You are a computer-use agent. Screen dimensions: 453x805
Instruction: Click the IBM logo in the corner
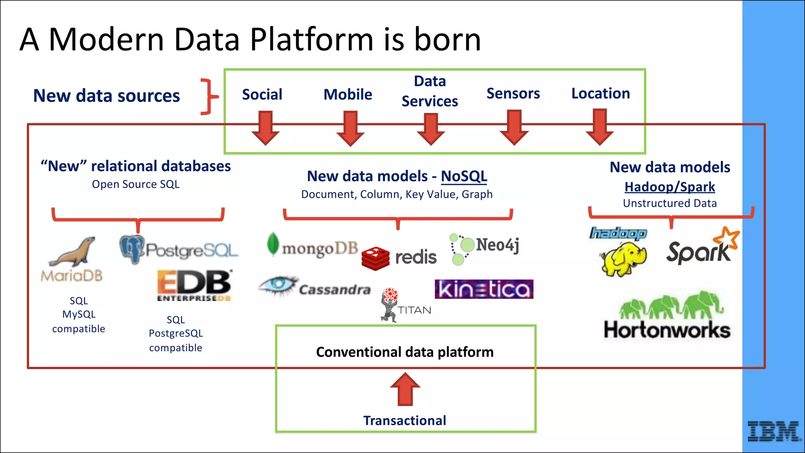774,431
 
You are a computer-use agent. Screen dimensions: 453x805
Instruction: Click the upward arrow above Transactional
405,389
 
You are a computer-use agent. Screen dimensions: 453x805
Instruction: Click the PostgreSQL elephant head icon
132,249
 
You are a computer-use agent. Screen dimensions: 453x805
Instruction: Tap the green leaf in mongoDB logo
272,244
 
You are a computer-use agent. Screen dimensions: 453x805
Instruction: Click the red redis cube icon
375,258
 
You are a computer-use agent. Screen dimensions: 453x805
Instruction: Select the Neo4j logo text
498,245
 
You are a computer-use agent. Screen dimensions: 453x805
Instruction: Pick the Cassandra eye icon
278,285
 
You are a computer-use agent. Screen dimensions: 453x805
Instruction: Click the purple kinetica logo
484,289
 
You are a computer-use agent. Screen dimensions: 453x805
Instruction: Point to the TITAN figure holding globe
390,305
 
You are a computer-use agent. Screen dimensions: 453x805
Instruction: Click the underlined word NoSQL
464,176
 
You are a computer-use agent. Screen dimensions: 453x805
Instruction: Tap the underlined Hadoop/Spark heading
670,187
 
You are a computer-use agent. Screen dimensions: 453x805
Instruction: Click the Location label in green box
600,94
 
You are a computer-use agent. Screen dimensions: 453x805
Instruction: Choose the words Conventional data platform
404,352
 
